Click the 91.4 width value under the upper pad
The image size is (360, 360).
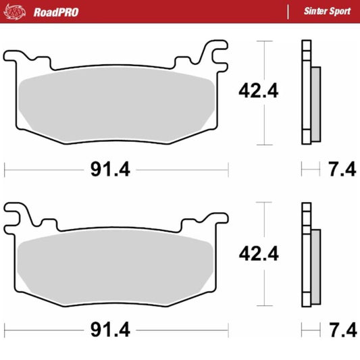tap(109, 170)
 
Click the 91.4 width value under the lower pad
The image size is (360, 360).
tap(109, 330)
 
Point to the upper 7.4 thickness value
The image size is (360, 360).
tap(341, 170)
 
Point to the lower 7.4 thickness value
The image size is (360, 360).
tap(341, 330)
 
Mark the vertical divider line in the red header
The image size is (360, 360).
tap(288, 11)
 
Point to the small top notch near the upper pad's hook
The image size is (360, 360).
tap(180, 61)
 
